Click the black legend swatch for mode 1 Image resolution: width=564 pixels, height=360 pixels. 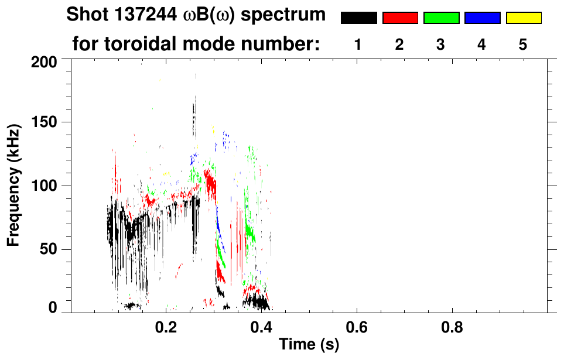tap(358, 18)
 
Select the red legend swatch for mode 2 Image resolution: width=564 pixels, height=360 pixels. tap(400, 18)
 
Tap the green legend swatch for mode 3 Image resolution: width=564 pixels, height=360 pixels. tap(441, 18)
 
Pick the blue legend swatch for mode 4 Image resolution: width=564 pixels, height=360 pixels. tap(482, 18)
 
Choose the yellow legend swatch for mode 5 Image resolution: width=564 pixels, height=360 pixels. tap(523, 18)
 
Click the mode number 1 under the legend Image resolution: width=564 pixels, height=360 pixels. tap(358, 44)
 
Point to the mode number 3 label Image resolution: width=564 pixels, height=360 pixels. tap(441, 44)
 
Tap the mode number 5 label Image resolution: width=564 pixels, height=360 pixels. tap(523, 44)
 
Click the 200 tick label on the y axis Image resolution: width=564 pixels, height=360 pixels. tap(44, 61)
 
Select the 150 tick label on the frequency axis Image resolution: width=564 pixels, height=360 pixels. tap(44, 123)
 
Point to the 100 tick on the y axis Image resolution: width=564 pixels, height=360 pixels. tap(44, 186)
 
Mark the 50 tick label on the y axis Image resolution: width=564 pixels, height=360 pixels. tap(48, 250)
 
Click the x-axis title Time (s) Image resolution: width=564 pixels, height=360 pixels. tap(309, 344)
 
